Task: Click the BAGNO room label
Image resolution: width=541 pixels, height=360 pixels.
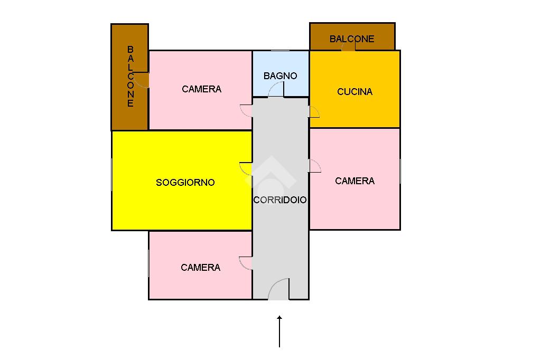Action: point(280,76)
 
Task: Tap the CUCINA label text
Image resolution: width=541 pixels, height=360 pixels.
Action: point(355,92)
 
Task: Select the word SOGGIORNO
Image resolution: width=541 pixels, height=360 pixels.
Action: point(185,183)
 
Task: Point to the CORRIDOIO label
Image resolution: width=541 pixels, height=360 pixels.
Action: point(280,200)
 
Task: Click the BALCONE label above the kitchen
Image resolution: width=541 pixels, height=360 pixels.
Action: point(352,39)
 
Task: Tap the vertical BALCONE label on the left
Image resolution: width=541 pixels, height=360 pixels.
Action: point(130,77)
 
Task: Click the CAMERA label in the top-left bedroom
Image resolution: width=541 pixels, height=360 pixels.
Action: point(201,89)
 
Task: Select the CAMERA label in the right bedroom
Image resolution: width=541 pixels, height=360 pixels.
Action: point(355,181)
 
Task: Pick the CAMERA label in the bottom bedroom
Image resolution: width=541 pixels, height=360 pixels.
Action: point(200,268)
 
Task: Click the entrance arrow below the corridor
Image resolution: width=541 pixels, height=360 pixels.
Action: point(279,331)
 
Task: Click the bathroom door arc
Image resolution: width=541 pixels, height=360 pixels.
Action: point(276,90)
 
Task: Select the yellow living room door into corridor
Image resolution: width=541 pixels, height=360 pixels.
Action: point(246,168)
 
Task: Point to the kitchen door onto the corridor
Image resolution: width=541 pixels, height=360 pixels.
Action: point(314,111)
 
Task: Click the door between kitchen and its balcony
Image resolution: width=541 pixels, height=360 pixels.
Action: point(348,46)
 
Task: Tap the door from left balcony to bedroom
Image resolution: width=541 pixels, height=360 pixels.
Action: point(142,80)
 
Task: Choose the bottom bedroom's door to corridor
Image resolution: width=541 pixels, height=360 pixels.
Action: point(246,263)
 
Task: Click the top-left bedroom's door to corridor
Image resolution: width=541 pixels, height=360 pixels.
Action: point(246,110)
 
